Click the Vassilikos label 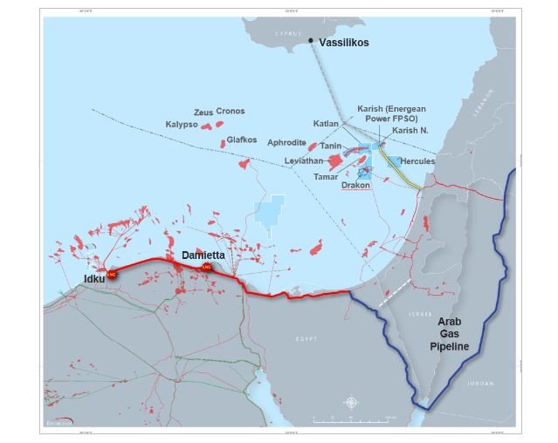coord(349,41)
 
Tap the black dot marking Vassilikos coord(311,40)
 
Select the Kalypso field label coord(183,124)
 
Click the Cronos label coord(231,112)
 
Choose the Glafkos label coord(241,140)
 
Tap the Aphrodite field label coord(286,142)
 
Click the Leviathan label coord(304,161)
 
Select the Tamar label coord(326,176)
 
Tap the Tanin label coord(330,146)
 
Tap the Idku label coord(94,278)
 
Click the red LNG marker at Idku coord(112,274)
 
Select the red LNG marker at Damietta coord(207,266)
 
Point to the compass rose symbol coord(351,402)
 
